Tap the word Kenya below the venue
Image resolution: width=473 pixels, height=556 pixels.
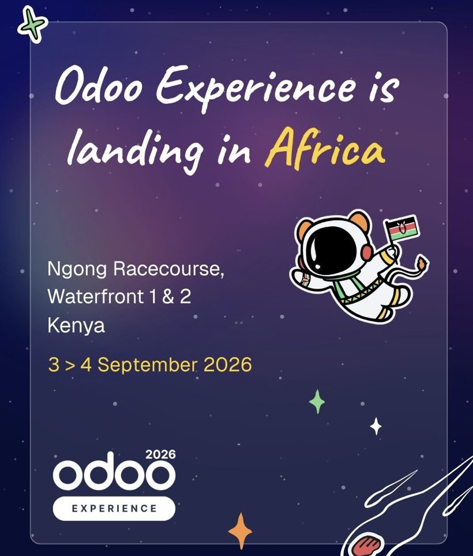pyautogui.click(x=76, y=326)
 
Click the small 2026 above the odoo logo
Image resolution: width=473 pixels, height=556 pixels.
pyautogui.click(x=160, y=454)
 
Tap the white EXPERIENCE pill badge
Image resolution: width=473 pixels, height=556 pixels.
pyautogui.click(x=114, y=508)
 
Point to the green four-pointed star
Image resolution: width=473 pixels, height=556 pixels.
pyautogui.click(x=317, y=401)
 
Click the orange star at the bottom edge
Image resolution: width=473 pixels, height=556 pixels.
pyautogui.click(x=240, y=530)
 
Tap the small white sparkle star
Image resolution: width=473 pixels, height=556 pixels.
pyautogui.click(x=376, y=427)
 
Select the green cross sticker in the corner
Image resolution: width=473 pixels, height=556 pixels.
pyautogui.click(x=32, y=26)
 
